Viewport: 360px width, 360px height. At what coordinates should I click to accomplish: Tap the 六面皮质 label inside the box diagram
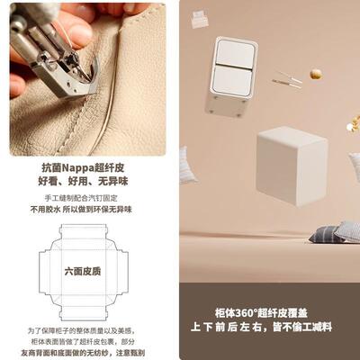pos(83,269)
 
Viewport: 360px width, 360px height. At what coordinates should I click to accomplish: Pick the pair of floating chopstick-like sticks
pos(288,82)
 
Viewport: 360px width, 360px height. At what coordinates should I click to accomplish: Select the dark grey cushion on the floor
pos(326,234)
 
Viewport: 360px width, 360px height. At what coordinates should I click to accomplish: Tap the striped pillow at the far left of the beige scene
pos(187,165)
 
